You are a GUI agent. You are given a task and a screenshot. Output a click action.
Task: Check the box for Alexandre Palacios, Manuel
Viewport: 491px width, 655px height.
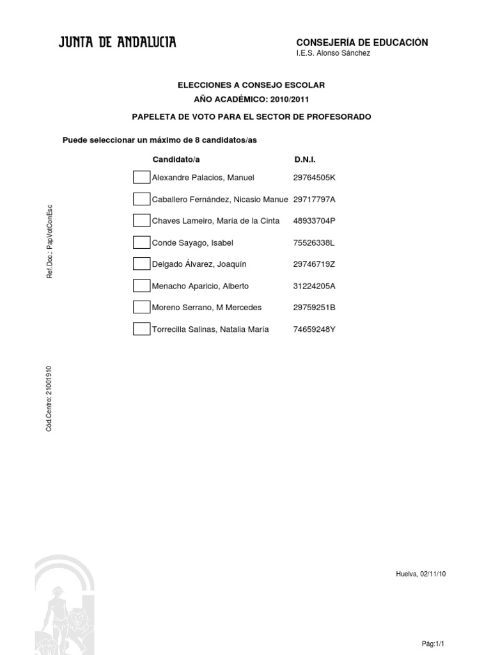click(x=141, y=177)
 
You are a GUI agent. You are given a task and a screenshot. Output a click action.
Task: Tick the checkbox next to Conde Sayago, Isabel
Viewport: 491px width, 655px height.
click(x=141, y=242)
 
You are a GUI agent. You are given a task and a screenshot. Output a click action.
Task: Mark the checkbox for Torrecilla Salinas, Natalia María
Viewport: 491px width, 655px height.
click(x=141, y=329)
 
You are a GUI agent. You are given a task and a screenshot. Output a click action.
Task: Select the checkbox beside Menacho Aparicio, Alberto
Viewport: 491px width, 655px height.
click(x=141, y=286)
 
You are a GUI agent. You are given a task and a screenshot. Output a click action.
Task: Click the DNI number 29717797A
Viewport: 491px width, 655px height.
click(x=314, y=200)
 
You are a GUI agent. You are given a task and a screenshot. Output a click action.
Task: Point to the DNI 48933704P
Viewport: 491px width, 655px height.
click(x=314, y=221)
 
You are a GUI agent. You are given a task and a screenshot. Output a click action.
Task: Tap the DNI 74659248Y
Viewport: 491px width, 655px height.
click(x=314, y=329)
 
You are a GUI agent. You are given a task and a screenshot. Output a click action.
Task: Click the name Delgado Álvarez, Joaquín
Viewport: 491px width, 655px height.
click(x=199, y=264)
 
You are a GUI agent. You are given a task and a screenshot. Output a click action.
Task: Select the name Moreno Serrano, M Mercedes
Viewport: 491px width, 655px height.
click(x=207, y=308)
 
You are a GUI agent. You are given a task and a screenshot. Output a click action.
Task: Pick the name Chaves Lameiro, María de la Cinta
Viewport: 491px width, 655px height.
click(x=215, y=221)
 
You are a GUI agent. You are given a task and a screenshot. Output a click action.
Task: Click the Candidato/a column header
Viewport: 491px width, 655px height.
click(x=180, y=159)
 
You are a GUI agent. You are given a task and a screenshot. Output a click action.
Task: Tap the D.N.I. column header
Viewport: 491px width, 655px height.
click(x=304, y=159)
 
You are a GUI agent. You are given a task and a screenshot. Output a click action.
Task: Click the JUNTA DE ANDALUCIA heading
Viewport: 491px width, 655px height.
click(x=118, y=43)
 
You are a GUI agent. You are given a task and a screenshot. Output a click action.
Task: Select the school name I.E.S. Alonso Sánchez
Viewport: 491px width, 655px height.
click(x=332, y=54)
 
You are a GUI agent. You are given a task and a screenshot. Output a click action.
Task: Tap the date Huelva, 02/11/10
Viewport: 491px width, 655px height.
click(x=421, y=574)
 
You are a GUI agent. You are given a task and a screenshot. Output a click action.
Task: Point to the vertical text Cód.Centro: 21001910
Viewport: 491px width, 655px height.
click(x=49, y=399)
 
